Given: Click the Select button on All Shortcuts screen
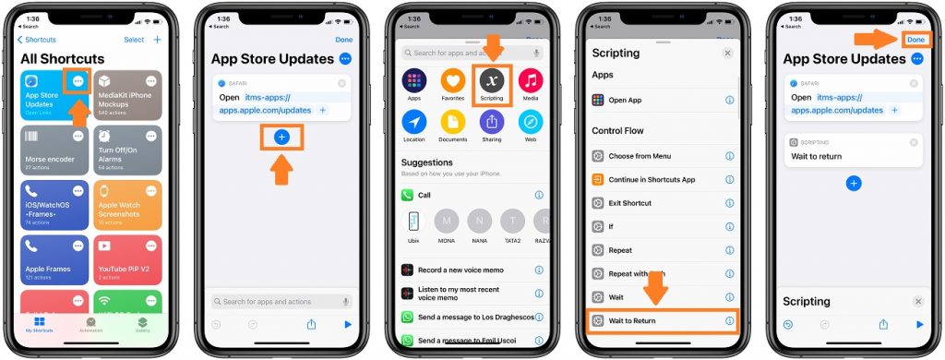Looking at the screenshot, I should coord(134,40).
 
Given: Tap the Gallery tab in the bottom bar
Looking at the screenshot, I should coord(142,324).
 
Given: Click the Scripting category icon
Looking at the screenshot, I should coord(492,81).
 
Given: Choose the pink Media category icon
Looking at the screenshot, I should coord(531,81).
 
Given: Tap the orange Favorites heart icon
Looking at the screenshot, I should coord(452,81).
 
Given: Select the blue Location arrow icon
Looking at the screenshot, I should coord(414,122).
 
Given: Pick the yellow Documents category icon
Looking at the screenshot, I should coord(452,122).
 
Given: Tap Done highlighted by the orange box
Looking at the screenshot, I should coord(916,40).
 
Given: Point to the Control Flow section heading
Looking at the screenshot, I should coord(618,131).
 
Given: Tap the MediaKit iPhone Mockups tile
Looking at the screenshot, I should coord(127,94).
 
